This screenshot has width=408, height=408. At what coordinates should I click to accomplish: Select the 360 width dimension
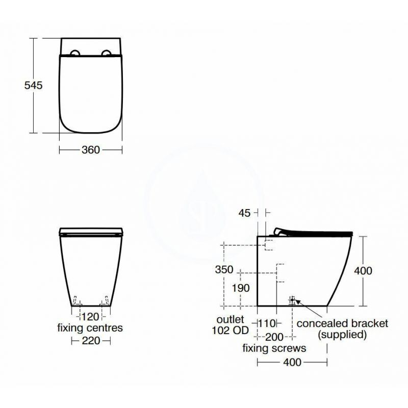point(90,149)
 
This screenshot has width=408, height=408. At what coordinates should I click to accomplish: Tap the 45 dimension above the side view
point(244,213)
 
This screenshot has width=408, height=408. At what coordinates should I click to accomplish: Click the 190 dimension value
point(241,288)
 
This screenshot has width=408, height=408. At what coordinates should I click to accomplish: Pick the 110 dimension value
point(266,323)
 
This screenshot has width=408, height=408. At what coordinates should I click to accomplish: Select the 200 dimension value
point(275,337)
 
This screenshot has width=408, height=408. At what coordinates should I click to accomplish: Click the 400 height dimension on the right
point(364,271)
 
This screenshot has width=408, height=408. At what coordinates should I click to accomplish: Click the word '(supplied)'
point(342,335)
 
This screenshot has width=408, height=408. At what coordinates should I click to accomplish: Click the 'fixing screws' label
point(274,348)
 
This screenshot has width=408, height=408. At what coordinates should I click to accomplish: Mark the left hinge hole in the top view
point(74,53)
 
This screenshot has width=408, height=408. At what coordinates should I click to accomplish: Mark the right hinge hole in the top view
point(108,53)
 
